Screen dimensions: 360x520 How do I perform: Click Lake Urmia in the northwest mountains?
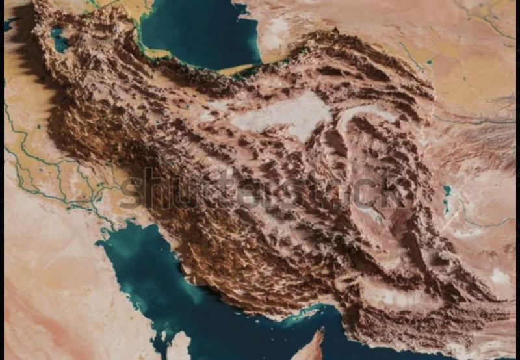point(60,40)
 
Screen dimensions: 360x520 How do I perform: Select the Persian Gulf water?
point(162,286)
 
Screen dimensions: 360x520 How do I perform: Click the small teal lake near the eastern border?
point(447,192)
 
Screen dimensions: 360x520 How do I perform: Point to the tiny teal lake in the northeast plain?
point(430,62)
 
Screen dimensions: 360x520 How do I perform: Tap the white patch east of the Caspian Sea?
point(276,29)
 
